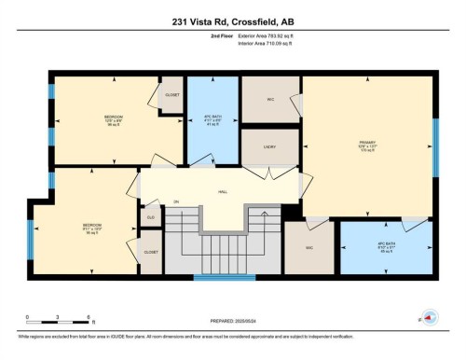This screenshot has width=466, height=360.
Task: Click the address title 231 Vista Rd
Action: coord(232,21)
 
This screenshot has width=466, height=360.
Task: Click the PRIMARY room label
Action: coord(368,143)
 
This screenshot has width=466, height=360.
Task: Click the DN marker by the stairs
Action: coord(174,201)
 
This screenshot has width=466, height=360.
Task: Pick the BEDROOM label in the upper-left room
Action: coord(114,118)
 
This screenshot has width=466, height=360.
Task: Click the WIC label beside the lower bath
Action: coord(308,247)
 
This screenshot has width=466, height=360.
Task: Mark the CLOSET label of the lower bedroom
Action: coord(150,252)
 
